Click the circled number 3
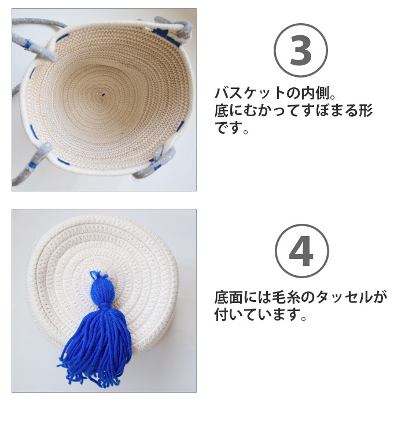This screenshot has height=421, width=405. (300, 51)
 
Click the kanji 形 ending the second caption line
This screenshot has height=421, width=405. (365, 110)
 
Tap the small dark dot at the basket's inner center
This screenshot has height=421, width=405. (104, 94)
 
